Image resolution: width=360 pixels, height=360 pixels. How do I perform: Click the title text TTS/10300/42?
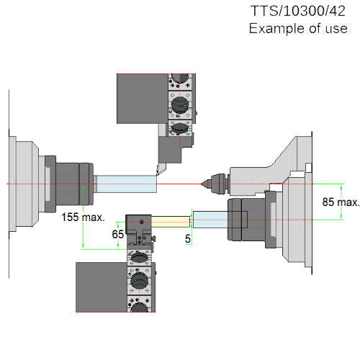pyautogui.click(x=298, y=11)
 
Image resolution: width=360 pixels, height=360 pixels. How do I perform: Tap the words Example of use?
pyautogui.click(x=298, y=28)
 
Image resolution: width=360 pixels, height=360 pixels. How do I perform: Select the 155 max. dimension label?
pyautogui.click(x=84, y=217)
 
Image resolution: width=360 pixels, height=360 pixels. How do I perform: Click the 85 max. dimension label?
pyautogui.click(x=341, y=202)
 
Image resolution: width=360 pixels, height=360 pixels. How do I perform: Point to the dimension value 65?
pyautogui.click(x=118, y=234)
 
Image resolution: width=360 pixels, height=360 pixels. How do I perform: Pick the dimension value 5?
pyautogui.click(x=188, y=239)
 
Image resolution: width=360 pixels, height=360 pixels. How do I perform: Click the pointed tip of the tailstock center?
pyautogui.click(x=201, y=184)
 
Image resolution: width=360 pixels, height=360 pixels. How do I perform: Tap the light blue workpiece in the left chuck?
pyautogui.click(x=127, y=184)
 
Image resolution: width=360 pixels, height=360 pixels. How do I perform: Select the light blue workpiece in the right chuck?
pyautogui.click(x=210, y=220)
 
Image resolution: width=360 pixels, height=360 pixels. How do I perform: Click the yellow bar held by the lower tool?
pyautogui.click(x=171, y=222)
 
